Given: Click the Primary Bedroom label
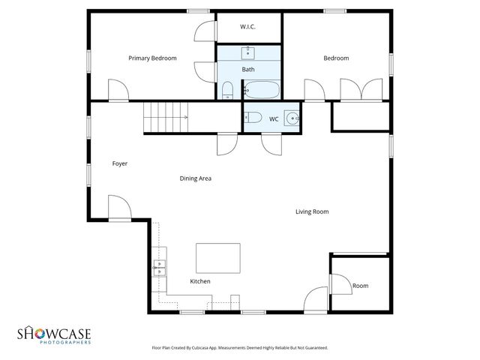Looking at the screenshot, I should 152,58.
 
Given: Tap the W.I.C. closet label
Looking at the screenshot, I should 248,27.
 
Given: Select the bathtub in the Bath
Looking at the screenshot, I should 261,91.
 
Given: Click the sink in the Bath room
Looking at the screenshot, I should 248,53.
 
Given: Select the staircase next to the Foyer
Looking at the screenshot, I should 165,118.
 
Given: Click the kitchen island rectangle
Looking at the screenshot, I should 218,258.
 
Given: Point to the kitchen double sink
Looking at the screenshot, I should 160,268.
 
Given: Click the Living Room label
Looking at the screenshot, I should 312,211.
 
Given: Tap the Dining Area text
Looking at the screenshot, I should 195,178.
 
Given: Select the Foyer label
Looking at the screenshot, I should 120,163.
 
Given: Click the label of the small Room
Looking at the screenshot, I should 361,286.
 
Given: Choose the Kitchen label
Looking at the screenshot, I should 199,281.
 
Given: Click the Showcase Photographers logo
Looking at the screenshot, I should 54,334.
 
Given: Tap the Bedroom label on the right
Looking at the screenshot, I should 336,58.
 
